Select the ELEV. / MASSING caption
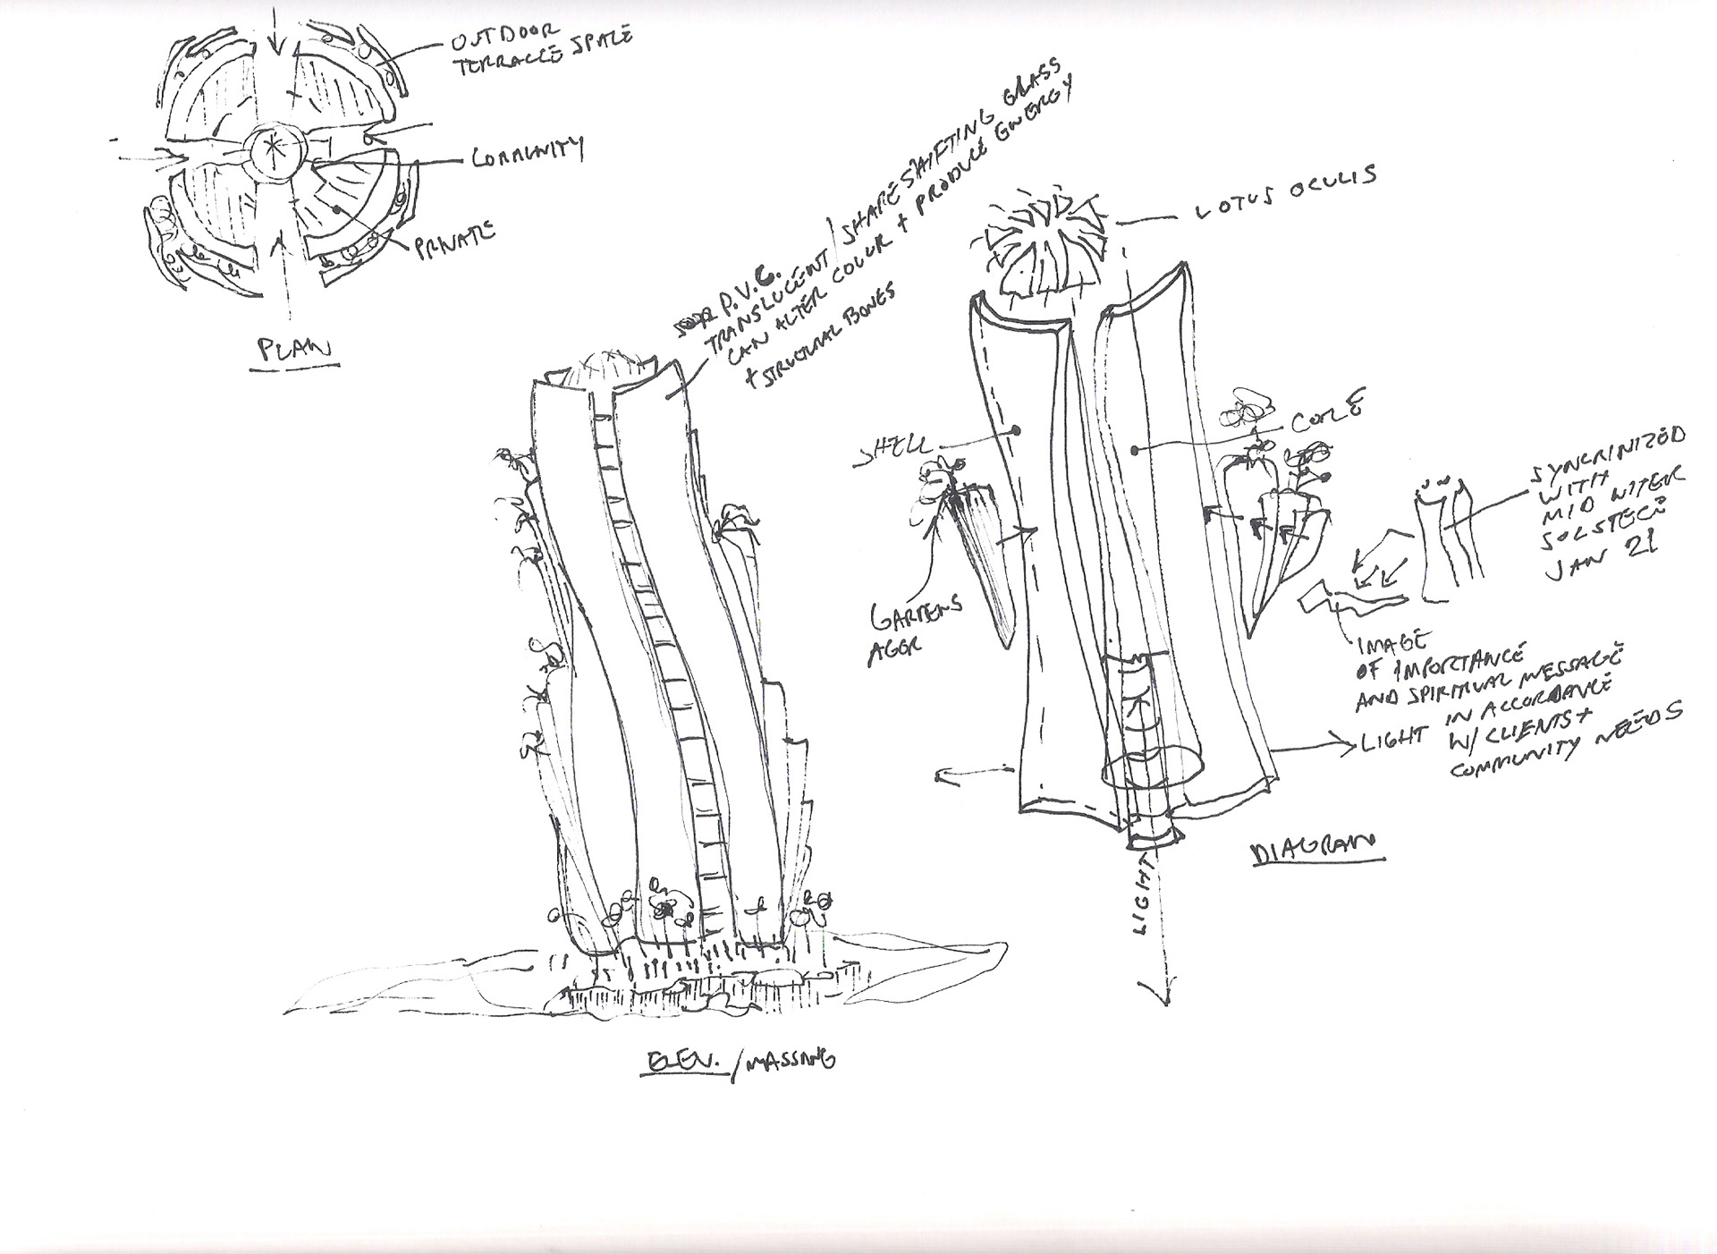point(740,1062)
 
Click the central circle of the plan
point(275,152)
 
